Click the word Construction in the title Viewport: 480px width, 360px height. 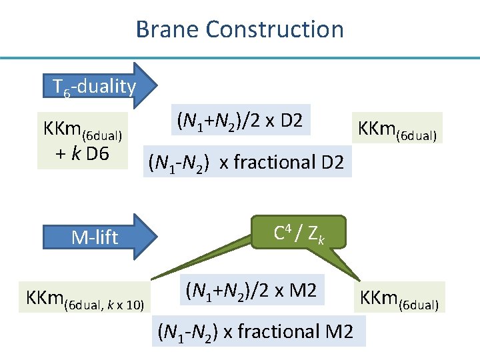(x=275, y=29)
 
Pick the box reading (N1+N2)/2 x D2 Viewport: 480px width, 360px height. (x=240, y=121)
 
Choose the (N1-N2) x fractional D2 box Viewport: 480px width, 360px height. (x=247, y=162)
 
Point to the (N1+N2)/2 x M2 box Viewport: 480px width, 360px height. (x=254, y=290)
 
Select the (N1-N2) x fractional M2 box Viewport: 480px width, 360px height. (x=254, y=331)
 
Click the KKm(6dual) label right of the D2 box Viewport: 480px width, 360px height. (x=398, y=129)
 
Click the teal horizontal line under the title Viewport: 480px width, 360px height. (x=240, y=58)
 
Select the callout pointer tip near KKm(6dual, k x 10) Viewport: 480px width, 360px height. (x=153, y=278)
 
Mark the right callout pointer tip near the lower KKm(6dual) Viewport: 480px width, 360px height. (x=358, y=280)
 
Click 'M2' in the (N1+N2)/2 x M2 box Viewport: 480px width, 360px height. (x=307, y=290)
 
